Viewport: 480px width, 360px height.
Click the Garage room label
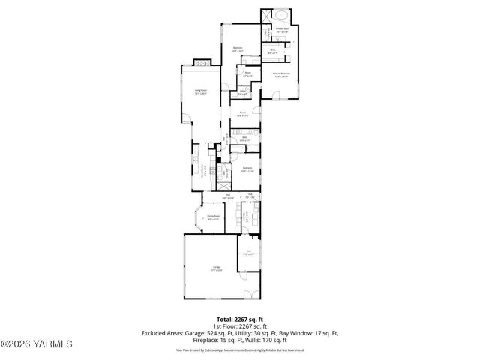coord(216,268)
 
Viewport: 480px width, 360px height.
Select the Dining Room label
coord(214,217)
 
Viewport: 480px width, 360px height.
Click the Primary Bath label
coord(282,31)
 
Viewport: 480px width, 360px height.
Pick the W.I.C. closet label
coord(273,52)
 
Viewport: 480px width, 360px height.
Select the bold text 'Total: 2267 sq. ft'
coord(240,319)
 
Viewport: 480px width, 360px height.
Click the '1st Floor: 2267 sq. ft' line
coord(240,326)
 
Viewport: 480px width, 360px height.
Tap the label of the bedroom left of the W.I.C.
coord(238,49)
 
